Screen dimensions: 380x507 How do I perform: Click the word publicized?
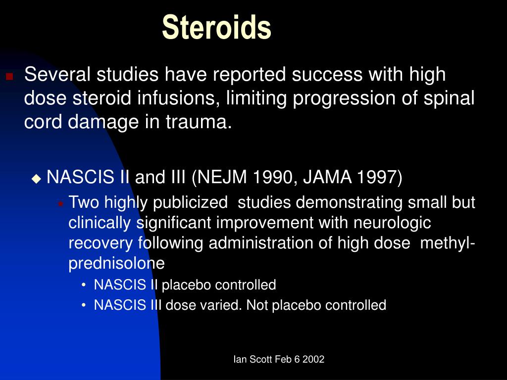[191, 203]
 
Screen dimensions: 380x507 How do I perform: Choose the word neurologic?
[392, 223]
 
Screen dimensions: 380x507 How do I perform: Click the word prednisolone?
[116, 264]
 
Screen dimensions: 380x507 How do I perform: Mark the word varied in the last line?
[220, 305]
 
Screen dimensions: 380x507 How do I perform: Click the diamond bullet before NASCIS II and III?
[37, 178]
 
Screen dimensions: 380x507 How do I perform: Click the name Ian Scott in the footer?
[252, 360]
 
